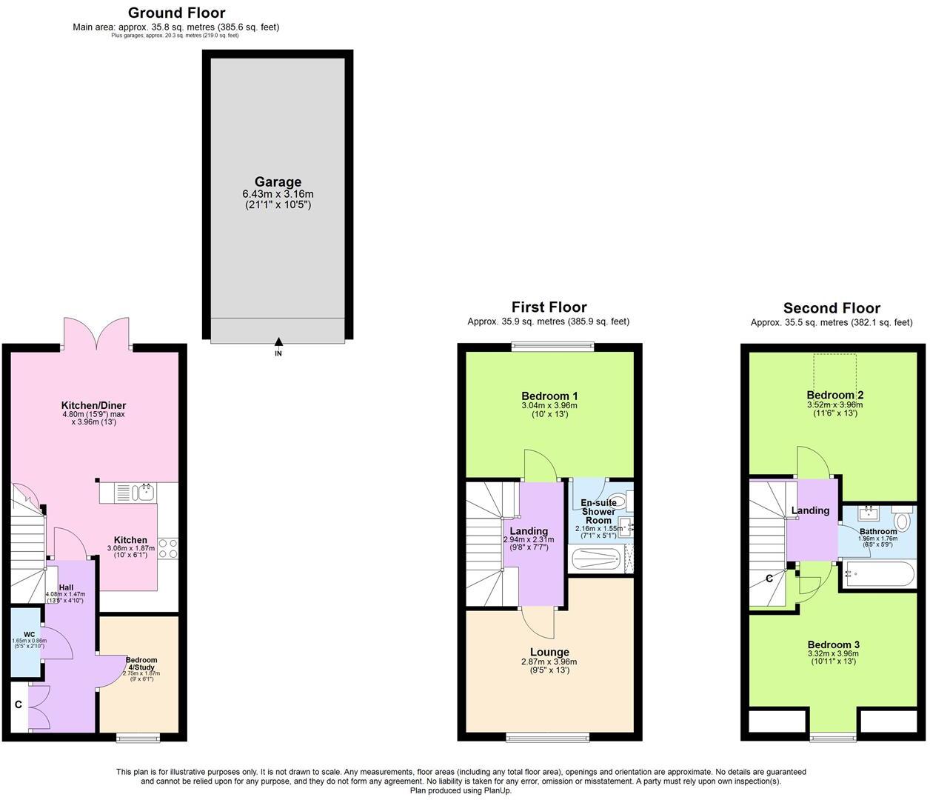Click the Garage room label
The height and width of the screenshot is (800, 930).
coord(278,181)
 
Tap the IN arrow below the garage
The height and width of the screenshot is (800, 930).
coord(278,342)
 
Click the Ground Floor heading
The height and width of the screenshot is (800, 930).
coord(176,13)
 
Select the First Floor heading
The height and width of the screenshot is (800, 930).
coord(549,307)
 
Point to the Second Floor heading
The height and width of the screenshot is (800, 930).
coord(832,308)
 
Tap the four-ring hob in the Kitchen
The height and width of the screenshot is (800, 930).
coord(167,548)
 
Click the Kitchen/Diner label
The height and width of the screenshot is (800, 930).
coord(93,405)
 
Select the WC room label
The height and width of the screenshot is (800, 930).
coord(29,634)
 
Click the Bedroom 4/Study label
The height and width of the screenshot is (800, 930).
coord(141,664)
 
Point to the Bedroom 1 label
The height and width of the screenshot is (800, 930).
coord(549,396)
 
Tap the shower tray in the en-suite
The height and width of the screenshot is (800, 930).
coord(595,560)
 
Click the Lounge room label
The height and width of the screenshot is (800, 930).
coord(549,652)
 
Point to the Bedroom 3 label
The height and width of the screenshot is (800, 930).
coord(833,644)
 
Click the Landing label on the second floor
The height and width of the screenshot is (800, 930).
coord(810,510)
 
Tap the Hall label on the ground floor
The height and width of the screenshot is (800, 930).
coord(66,587)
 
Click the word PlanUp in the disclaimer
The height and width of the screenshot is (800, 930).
coord(498,790)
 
